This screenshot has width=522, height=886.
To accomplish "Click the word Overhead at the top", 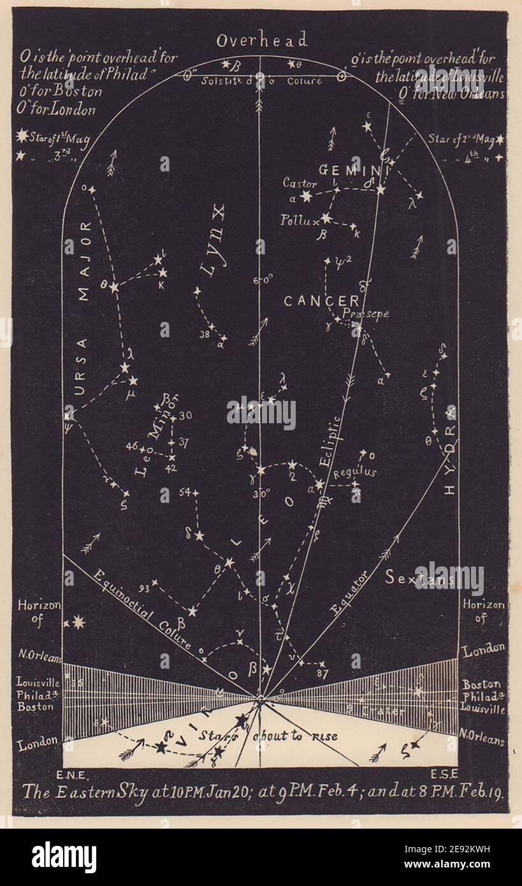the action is coord(261,41).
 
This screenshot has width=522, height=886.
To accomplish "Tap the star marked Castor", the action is coord(307,197).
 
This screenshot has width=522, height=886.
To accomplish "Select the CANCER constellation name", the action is coord(321,301).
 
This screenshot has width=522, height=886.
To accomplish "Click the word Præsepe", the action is coord(365,314).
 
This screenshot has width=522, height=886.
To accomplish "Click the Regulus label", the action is coord(355,472).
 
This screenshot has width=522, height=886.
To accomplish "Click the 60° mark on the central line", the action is coord(263,279).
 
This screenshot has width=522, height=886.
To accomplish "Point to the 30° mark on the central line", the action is coord(262,492).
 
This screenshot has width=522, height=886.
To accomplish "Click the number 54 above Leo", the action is coord(185,492).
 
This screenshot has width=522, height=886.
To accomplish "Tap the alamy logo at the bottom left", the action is coord(64,856).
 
